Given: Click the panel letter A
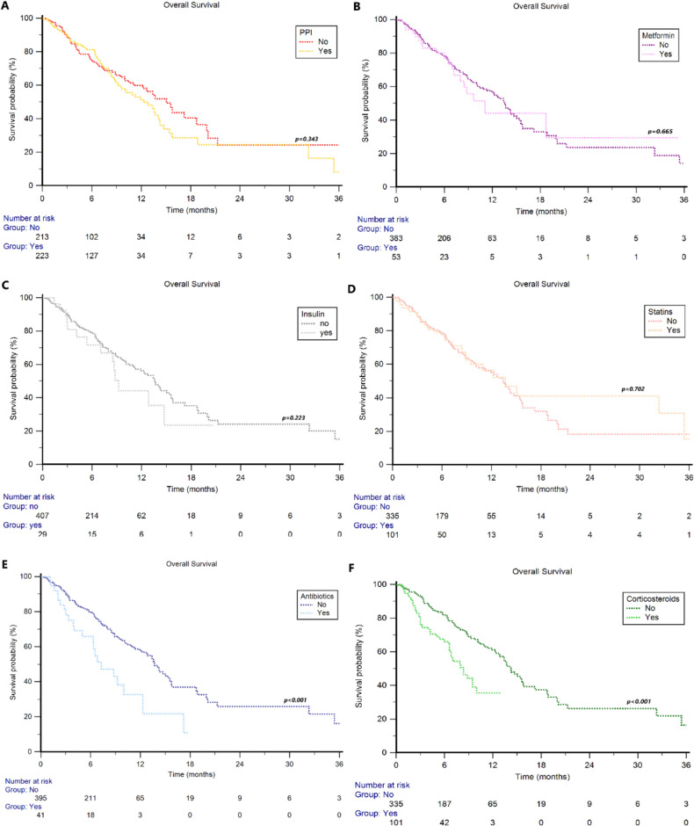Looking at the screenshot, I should (6, 6).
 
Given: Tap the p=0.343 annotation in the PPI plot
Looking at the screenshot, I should (307, 139).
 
